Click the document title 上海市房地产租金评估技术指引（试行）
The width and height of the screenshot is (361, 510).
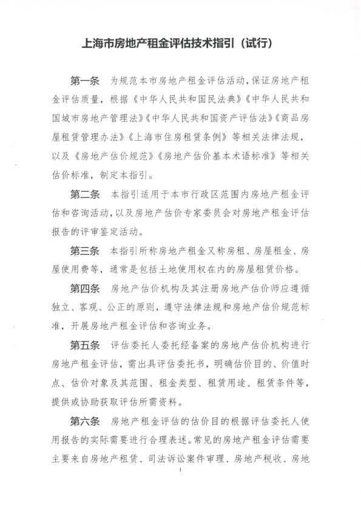pyautogui.click(x=180, y=44)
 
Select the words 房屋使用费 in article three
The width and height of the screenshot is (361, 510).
pyautogui.click(x=75, y=269)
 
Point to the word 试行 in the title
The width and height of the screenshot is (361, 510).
pyautogui.click(x=257, y=44)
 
